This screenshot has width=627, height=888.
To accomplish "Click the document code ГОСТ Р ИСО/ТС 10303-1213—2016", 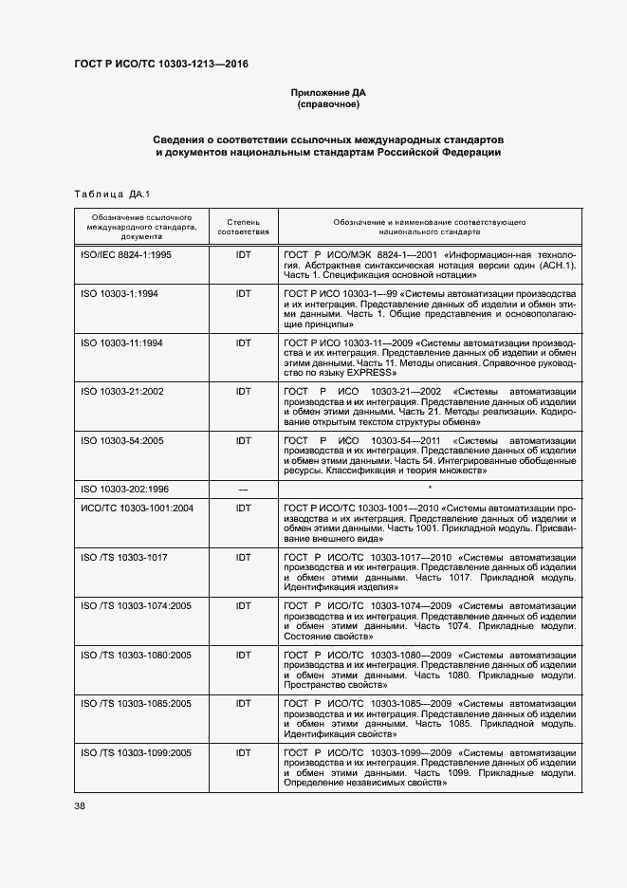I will [161, 65].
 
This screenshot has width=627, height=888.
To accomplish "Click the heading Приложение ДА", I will [327, 92].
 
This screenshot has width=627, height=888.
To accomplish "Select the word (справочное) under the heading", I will [327, 104].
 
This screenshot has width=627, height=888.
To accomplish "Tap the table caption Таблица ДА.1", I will [113, 194].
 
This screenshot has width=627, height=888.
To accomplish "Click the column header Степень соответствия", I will [243, 226].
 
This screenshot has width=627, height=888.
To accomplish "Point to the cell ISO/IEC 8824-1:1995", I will [126, 255].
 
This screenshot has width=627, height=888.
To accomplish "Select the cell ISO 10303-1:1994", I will [120, 294].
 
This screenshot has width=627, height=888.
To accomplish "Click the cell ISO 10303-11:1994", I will [122, 342].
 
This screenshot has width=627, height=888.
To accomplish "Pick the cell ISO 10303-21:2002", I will [122, 390].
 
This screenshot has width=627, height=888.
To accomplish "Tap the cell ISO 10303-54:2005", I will [122, 440].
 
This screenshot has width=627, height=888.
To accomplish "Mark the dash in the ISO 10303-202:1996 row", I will [243, 489].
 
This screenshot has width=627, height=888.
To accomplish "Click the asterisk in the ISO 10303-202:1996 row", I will [430, 488].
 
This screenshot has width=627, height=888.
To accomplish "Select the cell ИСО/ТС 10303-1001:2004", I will [137, 508].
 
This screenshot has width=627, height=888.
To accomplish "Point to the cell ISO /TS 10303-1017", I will [124, 557].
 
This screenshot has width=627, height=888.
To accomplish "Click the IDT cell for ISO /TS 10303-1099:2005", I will [243, 752].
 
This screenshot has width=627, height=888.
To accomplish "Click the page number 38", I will [80, 805].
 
